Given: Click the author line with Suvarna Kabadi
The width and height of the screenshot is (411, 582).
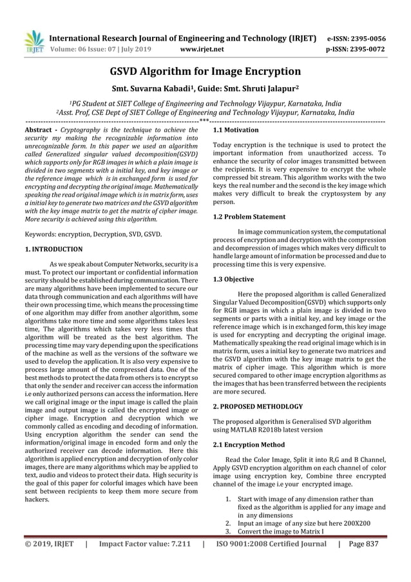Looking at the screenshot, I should (205, 90).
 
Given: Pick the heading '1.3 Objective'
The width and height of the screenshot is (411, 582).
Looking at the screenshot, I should (233, 279).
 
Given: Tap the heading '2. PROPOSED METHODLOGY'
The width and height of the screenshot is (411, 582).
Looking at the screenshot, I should (258, 407).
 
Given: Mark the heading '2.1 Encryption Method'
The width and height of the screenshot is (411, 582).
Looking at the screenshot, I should (249, 445).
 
